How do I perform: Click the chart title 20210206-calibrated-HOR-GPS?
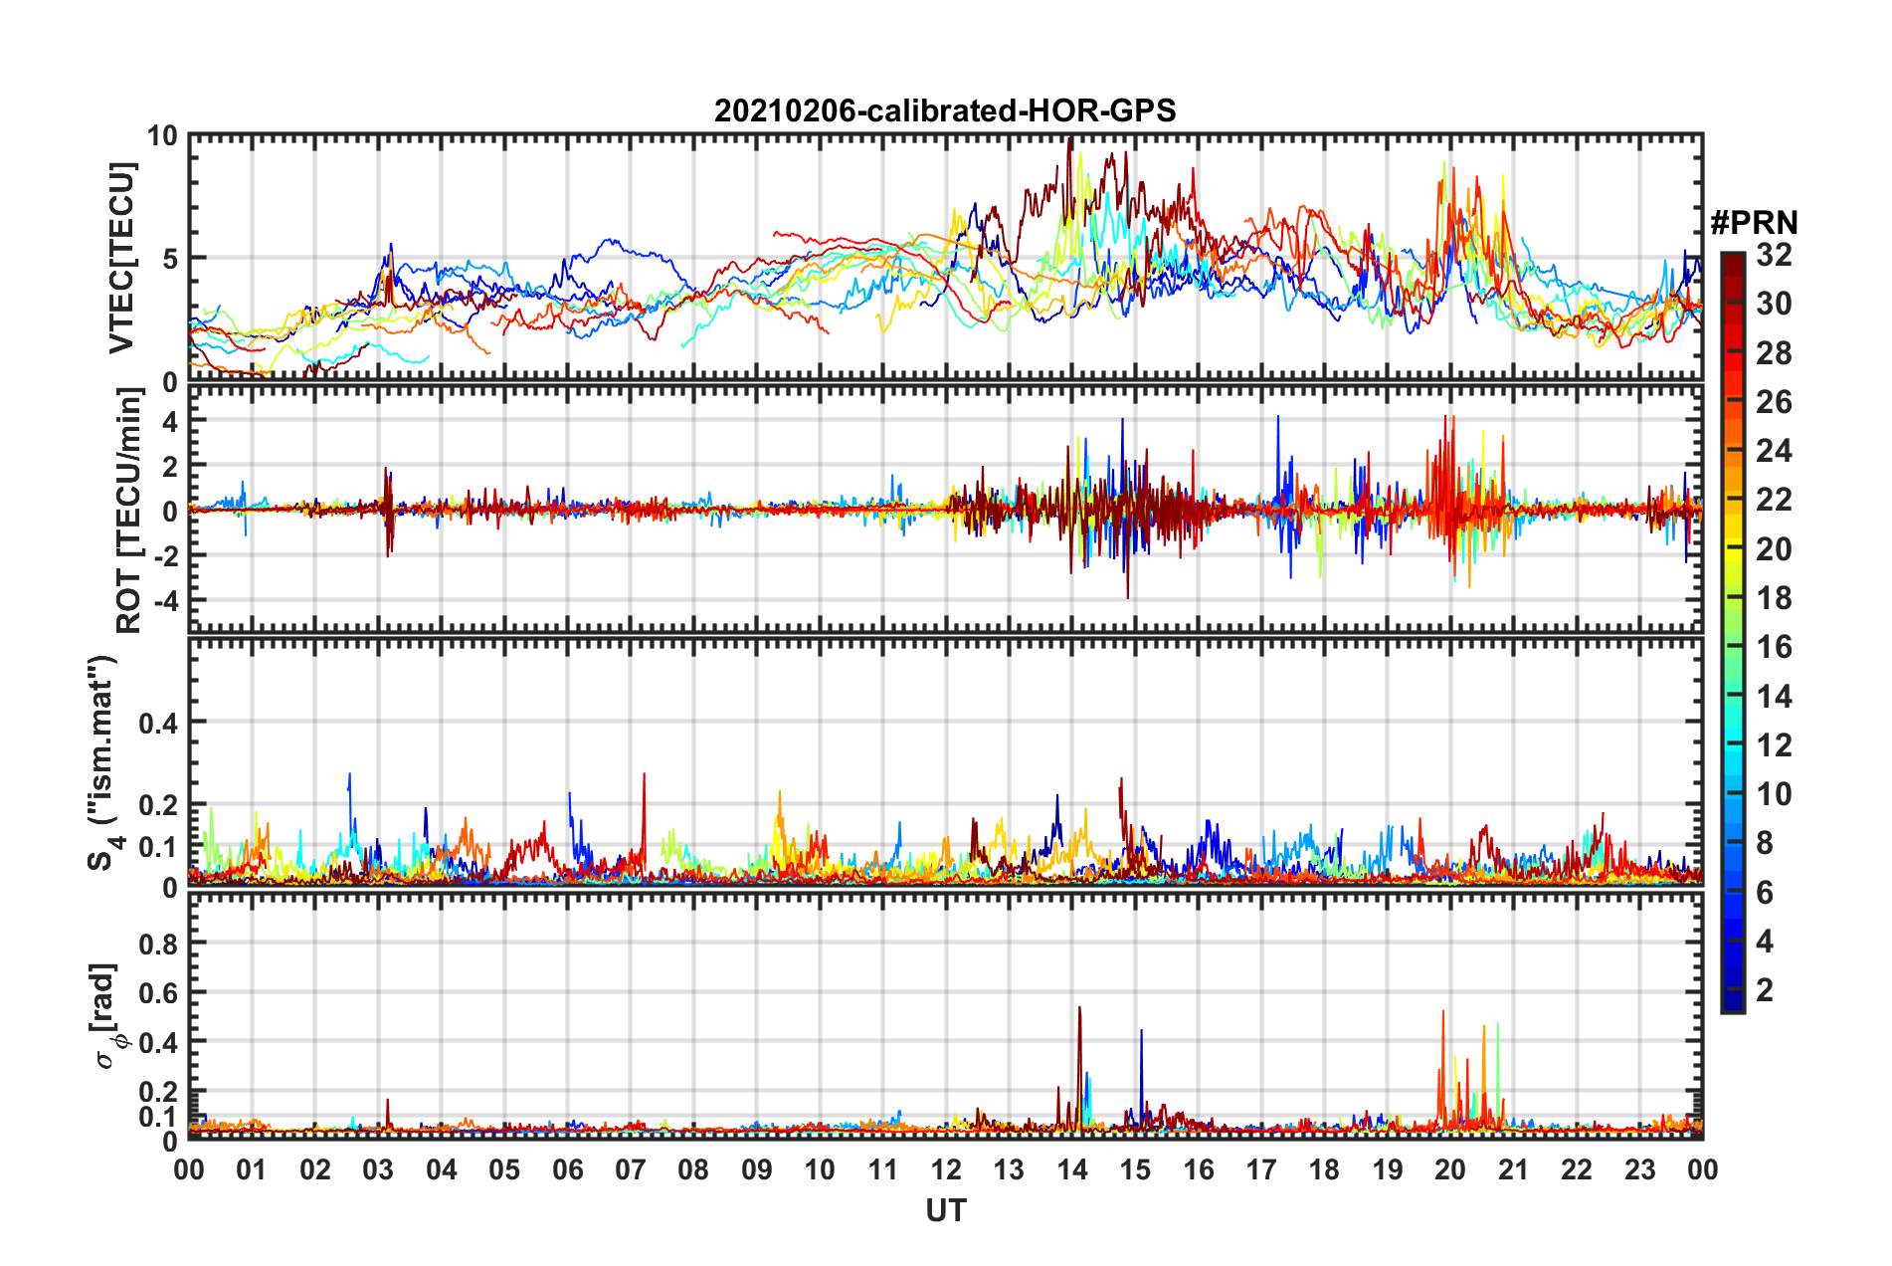pos(945,110)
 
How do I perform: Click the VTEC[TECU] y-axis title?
pos(121,258)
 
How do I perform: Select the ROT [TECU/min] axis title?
pos(128,511)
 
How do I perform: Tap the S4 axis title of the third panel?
pos(102,763)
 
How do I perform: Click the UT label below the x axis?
pos(945,1210)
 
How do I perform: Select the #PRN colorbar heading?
pos(1754,223)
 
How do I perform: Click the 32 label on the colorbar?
pos(1774,255)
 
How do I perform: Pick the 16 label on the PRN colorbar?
pos(1774,647)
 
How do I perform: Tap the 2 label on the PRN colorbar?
pos(1765,989)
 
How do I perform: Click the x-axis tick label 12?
pos(946,1169)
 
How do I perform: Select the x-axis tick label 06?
pos(568,1169)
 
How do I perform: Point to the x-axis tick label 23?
pos(1639,1169)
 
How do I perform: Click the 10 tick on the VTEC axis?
pos(162,136)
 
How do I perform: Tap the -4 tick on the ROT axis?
pos(166,600)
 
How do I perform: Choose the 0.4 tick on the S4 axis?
pos(158,723)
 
